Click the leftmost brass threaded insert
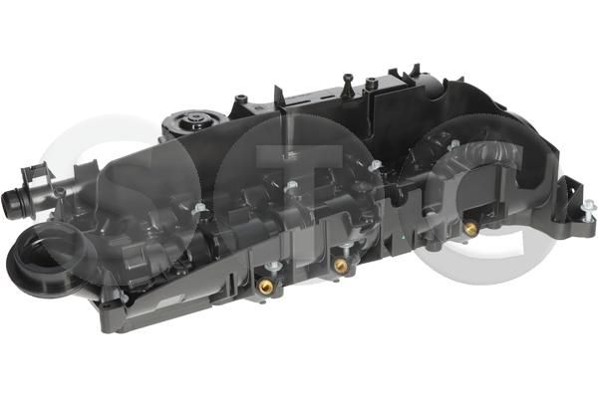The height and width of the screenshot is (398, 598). [264, 286]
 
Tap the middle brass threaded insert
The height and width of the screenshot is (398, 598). [341, 265]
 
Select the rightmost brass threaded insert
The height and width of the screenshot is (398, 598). [470, 228]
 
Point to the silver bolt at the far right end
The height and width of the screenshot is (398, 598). [588, 211]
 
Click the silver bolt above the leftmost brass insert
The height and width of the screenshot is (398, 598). [273, 267]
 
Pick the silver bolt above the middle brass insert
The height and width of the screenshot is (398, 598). [346, 247]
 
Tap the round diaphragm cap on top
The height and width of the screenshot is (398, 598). [195, 121]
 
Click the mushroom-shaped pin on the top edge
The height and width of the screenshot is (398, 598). [348, 86]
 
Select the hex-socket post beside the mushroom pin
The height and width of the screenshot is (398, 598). [371, 85]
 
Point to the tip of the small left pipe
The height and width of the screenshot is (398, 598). [8, 200]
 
